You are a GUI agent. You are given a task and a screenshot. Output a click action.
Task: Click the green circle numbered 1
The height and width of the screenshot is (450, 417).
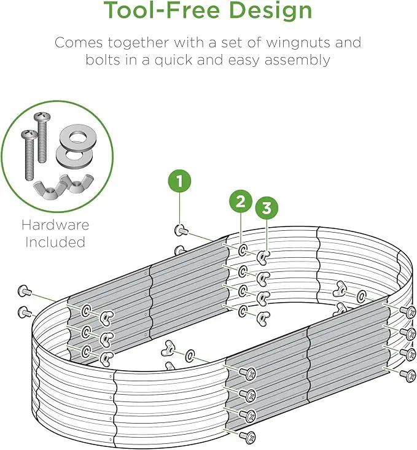click(179, 181)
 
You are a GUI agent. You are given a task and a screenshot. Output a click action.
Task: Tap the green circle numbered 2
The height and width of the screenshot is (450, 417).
click(241, 201)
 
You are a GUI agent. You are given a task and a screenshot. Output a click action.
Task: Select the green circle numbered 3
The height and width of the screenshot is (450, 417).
click(267, 208)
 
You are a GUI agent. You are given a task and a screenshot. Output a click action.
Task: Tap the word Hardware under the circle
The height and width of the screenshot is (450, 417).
click(55, 225)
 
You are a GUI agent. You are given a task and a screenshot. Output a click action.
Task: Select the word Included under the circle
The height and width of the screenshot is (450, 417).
click(55, 242)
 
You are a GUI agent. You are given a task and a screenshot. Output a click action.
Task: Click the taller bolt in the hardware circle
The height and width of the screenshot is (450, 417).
click(42, 138)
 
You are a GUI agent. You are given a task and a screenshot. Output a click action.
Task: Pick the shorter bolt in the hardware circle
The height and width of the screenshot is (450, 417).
click(29, 155)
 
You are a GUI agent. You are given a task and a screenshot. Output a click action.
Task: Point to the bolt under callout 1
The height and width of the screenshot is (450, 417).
click(181, 230)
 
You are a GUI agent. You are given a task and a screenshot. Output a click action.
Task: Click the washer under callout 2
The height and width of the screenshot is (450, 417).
click(243, 250)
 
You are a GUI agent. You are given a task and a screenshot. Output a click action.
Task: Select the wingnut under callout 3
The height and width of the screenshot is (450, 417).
click(263, 257)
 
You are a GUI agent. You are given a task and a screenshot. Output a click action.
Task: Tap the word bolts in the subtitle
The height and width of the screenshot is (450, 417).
click(103, 60)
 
